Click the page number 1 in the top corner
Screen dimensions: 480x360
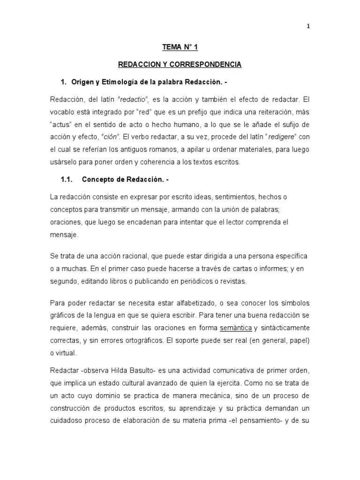(308, 26)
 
